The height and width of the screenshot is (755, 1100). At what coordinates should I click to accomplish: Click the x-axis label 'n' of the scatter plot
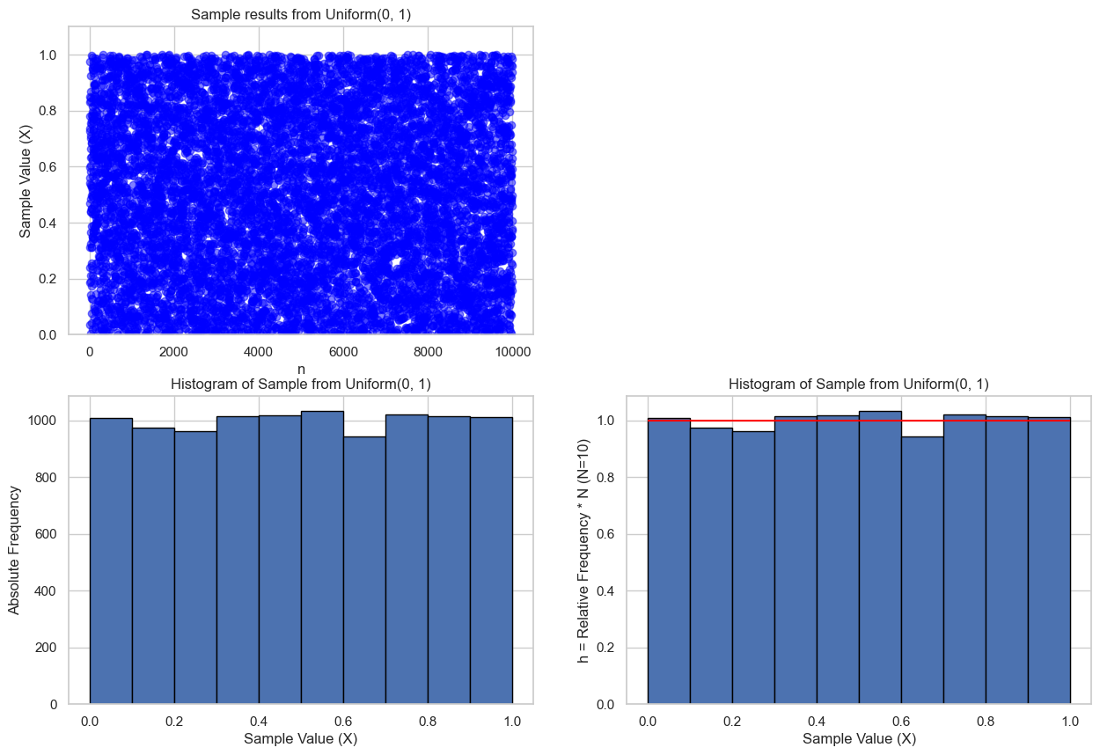pyautogui.click(x=301, y=369)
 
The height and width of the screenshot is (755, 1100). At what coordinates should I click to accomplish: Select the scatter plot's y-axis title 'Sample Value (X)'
pyautogui.click(x=26, y=180)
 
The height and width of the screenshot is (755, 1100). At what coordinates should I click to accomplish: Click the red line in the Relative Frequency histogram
pyautogui.click(x=859, y=421)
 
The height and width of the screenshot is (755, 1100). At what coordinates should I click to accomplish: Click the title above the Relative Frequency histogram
pyautogui.click(x=858, y=384)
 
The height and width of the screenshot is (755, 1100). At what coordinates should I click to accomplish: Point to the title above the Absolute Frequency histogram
pyautogui.click(x=301, y=384)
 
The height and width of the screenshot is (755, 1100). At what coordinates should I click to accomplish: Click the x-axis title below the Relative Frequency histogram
pyautogui.click(x=858, y=739)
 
